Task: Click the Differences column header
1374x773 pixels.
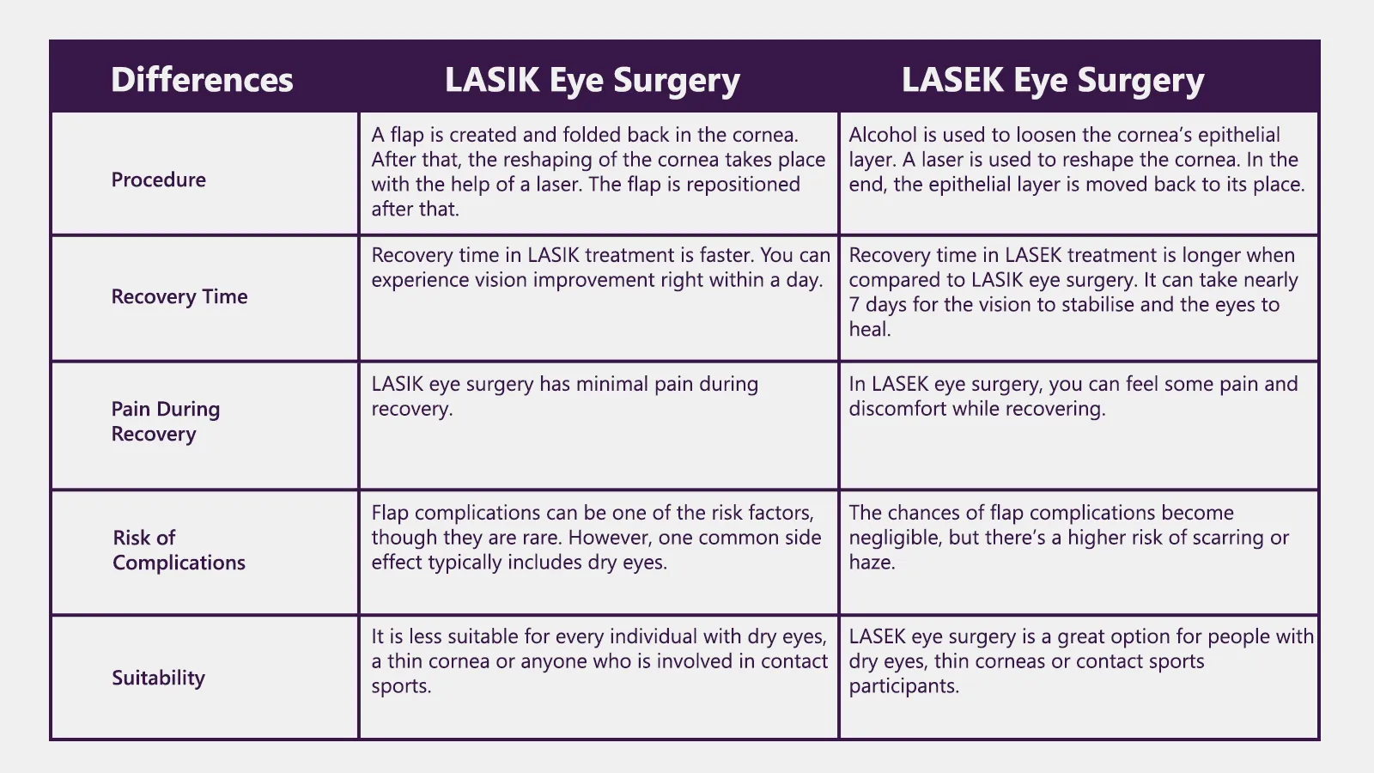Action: click(x=202, y=80)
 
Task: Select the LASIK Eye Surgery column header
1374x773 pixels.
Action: click(x=592, y=80)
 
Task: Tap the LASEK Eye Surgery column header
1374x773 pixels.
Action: click(x=1052, y=80)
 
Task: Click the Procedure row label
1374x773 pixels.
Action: click(x=159, y=180)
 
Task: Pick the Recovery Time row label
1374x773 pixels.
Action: click(x=179, y=296)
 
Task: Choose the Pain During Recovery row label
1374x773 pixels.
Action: click(x=166, y=421)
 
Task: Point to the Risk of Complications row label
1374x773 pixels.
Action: click(x=179, y=550)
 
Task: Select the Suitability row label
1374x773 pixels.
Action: click(x=158, y=678)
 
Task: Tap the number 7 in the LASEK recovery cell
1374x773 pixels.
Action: click(x=854, y=305)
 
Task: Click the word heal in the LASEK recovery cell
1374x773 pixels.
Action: click(x=868, y=330)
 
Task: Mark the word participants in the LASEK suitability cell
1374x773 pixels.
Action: click(x=903, y=686)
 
